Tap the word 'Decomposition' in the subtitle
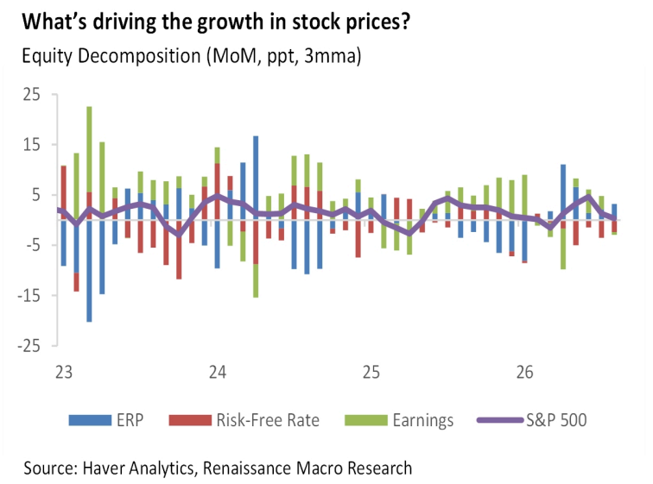point(139,56)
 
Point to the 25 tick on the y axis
point(32,95)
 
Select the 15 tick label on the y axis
point(32,145)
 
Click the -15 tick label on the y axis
point(29,296)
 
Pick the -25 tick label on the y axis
point(29,346)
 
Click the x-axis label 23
point(64,372)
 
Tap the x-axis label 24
point(218,372)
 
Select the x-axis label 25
point(371,372)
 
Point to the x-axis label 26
point(525,372)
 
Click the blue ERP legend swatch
point(90,420)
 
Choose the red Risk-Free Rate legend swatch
point(190,420)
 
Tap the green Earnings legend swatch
point(366,420)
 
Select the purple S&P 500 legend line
point(500,420)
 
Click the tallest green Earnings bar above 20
point(89,149)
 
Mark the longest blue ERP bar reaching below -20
point(89,271)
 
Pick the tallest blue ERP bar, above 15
point(256,178)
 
